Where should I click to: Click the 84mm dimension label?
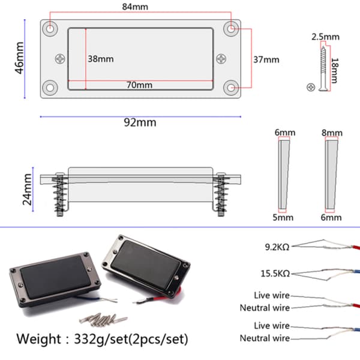[x=135, y=7]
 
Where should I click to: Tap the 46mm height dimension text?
[x=20, y=58]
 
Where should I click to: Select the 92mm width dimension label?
[x=140, y=122]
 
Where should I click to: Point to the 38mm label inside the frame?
[x=101, y=59]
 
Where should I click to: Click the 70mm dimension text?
[x=139, y=85]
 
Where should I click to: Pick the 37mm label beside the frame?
[x=266, y=59]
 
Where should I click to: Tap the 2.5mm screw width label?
[x=325, y=37]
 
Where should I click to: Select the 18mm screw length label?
[x=335, y=70]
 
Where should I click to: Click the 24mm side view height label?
[x=28, y=190]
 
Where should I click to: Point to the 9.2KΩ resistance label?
[x=277, y=247]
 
